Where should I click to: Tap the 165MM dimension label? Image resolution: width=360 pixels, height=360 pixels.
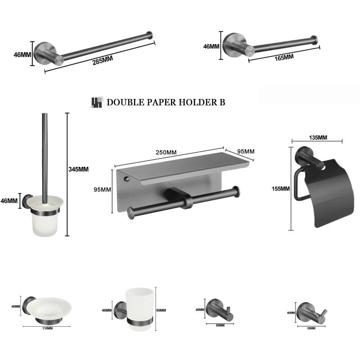click(x=283, y=57)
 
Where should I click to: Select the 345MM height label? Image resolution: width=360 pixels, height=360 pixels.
click(x=79, y=169)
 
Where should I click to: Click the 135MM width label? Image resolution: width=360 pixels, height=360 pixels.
click(x=318, y=137)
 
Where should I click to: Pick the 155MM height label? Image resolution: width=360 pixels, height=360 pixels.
click(x=282, y=189)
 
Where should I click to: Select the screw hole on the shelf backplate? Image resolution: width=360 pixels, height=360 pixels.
click(x=127, y=180)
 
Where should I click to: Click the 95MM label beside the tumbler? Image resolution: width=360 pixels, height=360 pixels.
click(x=161, y=310)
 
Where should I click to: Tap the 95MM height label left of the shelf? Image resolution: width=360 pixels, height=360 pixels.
click(x=102, y=189)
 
